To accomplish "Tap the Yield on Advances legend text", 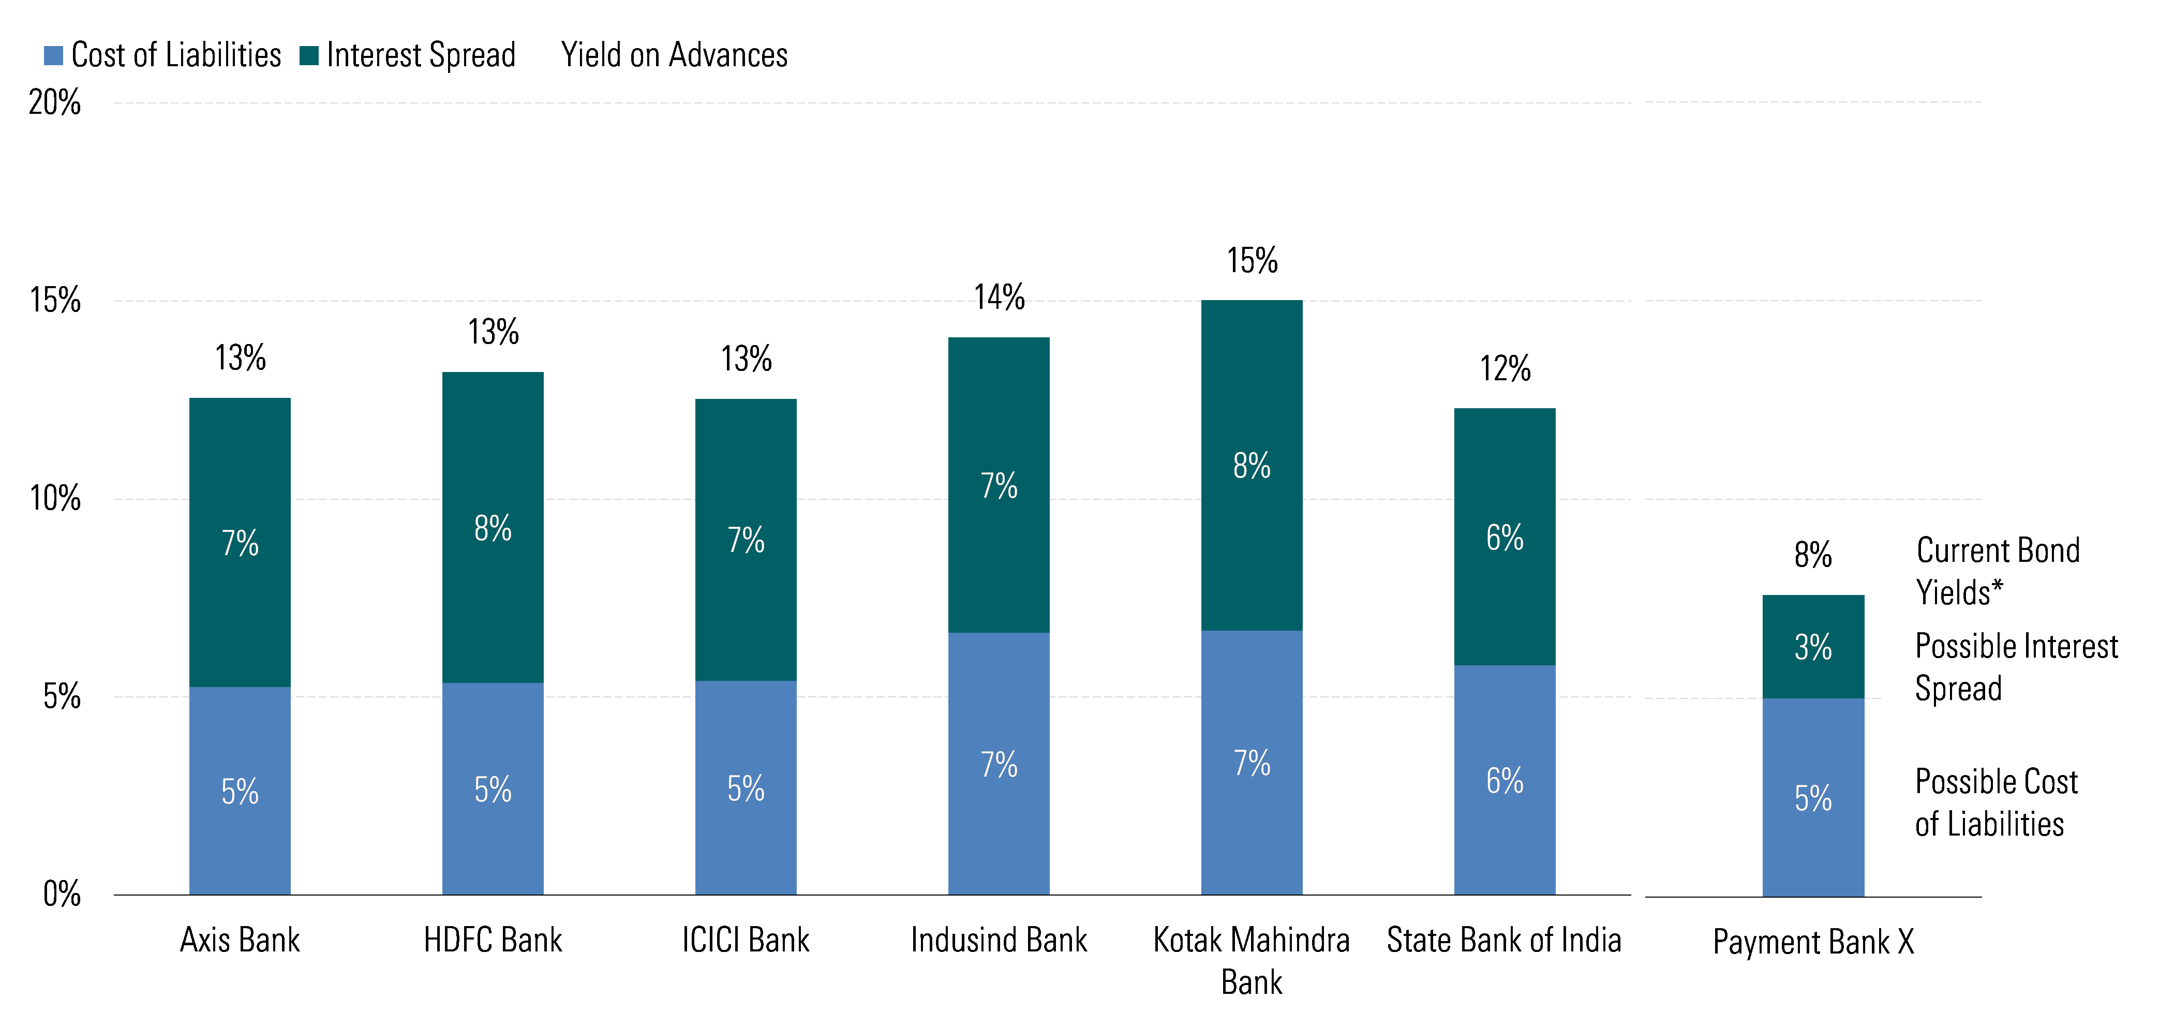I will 674,55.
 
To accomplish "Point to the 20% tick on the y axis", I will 54,102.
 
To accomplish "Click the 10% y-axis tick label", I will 54,499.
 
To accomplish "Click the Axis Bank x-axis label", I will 240,940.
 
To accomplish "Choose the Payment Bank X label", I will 1813,942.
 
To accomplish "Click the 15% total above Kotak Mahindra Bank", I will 1252,261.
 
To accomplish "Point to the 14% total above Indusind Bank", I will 999,297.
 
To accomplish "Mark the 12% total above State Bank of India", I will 1505,369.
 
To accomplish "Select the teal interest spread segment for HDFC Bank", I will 493,528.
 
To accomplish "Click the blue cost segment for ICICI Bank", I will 746,787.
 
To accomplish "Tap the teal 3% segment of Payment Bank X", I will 1813,647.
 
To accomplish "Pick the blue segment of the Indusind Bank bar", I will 999,763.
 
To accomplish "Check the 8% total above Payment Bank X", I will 1813,555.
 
